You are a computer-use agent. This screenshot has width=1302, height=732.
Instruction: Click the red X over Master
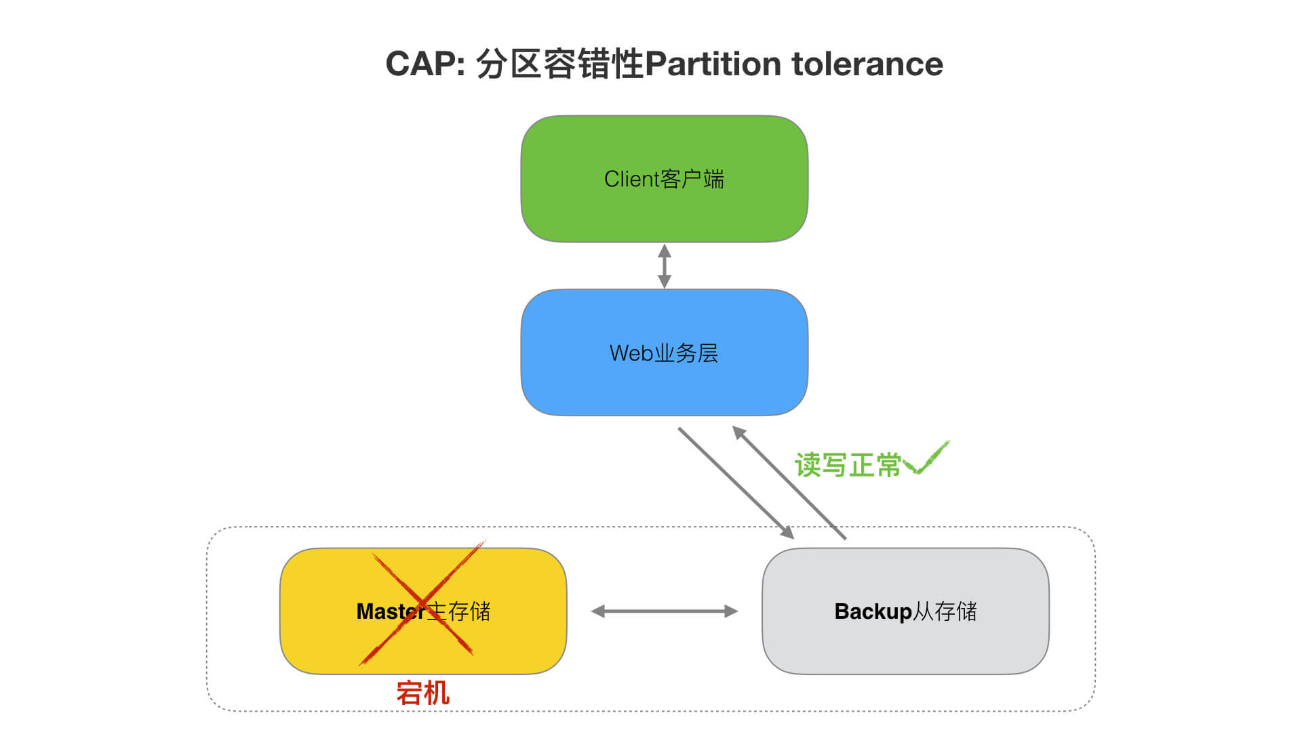[422, 603]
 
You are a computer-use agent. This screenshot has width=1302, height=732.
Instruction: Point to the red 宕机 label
[422, 693]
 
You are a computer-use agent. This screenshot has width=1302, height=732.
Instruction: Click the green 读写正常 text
[848, 466]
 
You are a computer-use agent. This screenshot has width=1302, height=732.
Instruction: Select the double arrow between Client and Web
[665, 266]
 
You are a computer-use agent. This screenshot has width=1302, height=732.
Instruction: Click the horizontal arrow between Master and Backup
[665, 611]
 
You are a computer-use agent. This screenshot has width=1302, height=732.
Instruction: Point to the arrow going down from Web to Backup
[736, 483]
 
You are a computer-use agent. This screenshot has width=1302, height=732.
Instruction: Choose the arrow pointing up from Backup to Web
[790, 483]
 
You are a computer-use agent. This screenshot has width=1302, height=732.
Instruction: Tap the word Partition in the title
[713, 64]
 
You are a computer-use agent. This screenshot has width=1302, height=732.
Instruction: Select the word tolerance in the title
[867, 64]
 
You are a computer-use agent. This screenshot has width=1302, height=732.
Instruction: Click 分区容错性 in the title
[559, 64]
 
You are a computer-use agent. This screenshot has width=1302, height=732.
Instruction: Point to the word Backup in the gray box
[873, 611]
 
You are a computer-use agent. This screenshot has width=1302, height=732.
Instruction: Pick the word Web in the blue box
[631, 353]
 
